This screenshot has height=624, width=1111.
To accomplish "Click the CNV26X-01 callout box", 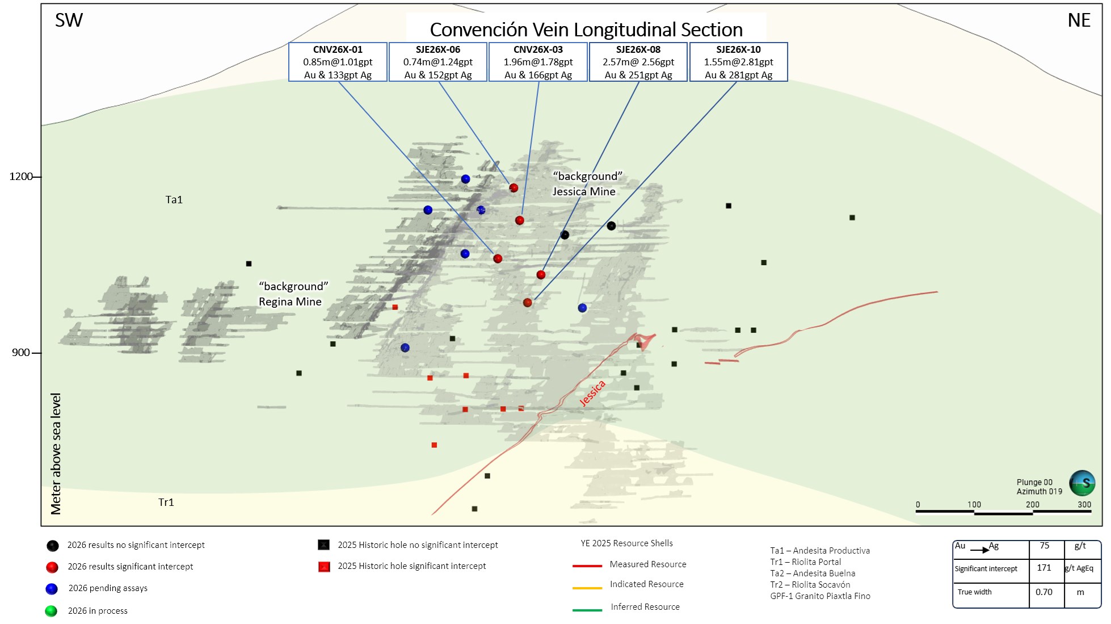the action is click(338, 62).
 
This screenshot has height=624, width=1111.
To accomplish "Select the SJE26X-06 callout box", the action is click(438, 62).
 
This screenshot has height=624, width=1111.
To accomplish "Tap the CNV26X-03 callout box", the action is click(538, 62).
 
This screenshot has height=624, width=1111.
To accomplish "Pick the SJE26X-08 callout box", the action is click(638, 62).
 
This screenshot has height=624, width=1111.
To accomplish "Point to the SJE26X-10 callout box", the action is click(738, 62).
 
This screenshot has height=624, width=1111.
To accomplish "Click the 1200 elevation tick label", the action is click(21, 177).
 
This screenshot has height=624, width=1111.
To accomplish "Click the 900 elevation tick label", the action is click(21, 353).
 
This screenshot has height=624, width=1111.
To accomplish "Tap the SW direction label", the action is click(69, 20).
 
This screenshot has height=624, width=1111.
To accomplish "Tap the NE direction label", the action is click(1079, 20).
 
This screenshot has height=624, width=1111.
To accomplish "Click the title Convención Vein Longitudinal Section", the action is click(586, 30).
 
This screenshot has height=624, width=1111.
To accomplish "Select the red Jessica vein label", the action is click(592, 393).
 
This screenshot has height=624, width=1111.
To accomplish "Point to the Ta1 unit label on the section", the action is click(174, 200).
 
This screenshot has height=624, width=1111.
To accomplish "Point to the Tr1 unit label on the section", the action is click(166, 502).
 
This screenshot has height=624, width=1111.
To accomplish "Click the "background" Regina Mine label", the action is click(293, 294).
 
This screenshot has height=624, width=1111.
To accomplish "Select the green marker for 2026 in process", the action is click(51, 611).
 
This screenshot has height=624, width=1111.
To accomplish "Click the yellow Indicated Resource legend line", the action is click(587, 588).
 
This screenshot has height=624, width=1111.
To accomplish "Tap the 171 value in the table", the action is click(1044, 568).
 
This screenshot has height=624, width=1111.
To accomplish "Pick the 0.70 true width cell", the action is click(1044, 592).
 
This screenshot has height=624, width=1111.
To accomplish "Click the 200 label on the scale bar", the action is click(1033, 504).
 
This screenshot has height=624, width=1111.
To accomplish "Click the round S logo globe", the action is click(1082, 483).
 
